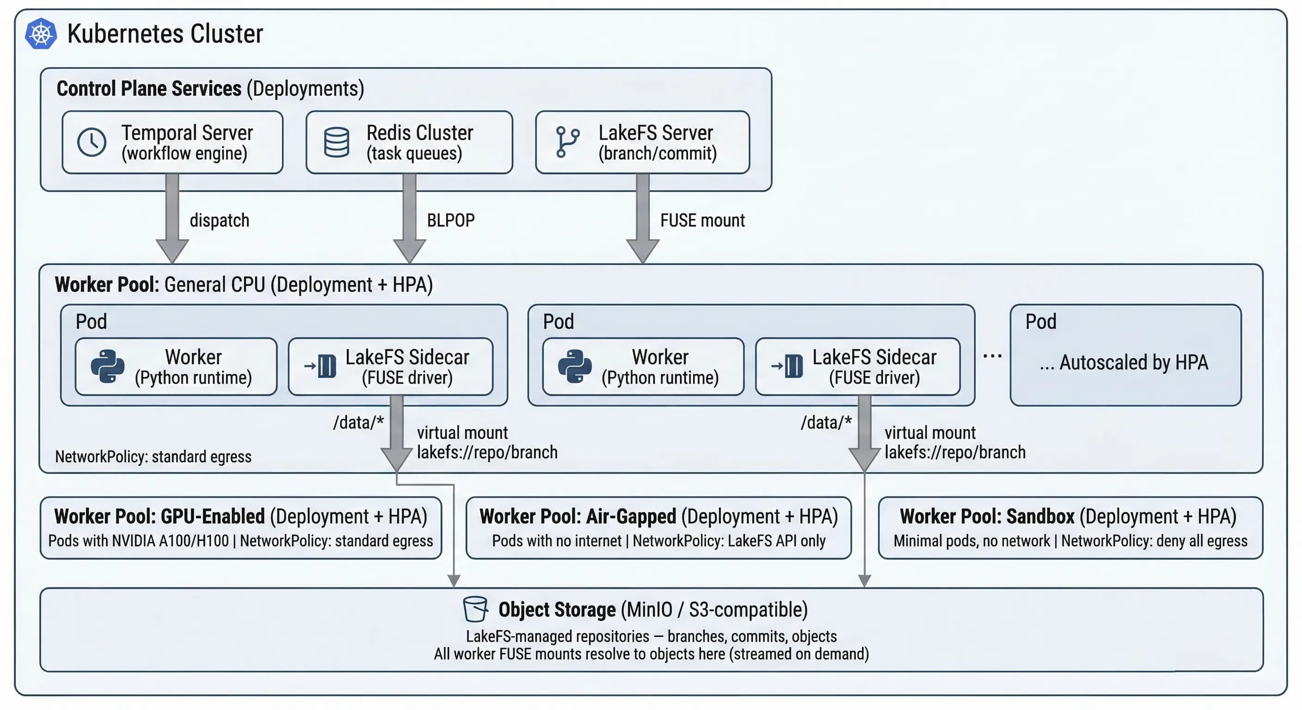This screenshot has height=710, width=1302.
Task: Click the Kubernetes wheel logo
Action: [41, 34]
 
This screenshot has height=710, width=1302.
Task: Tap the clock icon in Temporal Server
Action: [92, 142]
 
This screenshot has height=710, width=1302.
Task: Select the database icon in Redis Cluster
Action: [336, 142]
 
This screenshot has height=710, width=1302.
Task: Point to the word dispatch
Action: [219, 220]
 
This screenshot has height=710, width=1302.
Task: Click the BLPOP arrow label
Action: [450, 220]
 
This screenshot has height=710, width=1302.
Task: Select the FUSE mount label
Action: [702, 220]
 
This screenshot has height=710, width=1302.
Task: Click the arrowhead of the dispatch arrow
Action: [172, 251]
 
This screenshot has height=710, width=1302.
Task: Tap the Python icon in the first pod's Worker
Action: [108, 367]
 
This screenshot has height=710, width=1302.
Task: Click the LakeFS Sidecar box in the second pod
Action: [857, 367]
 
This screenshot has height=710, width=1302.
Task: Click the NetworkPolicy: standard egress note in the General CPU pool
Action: [153, 457]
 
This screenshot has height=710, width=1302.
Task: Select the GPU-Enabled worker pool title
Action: [240, 516]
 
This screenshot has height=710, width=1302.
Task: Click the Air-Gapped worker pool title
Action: [658, 516]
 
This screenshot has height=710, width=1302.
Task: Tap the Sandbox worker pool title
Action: [1068, 516]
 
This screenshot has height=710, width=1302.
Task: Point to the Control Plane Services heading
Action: [210, 88]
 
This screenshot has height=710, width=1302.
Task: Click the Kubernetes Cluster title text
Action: [165, 34]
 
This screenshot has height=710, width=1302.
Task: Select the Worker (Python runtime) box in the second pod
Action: [643, 367]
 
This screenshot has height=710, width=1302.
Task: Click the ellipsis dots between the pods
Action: [992, 356]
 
